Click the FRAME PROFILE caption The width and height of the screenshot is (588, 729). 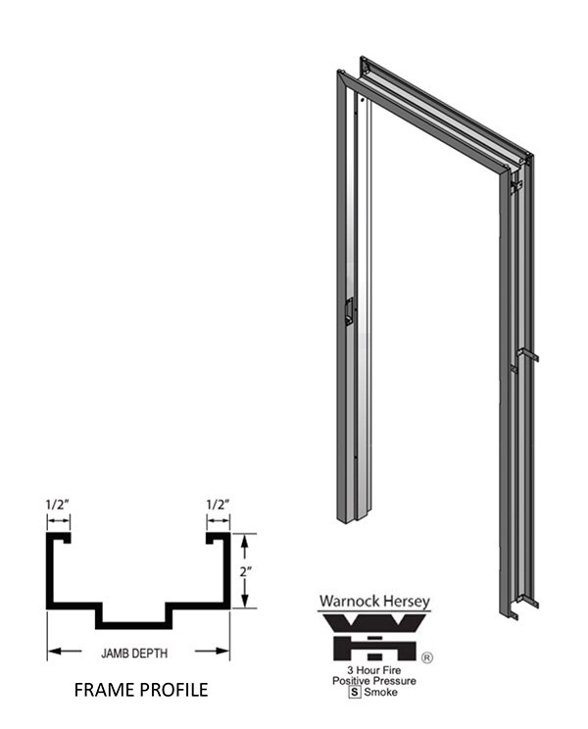[141, 690]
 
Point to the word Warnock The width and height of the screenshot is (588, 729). [349, 602]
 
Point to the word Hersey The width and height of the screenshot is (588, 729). [403, 602]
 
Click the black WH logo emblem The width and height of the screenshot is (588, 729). [376, 637]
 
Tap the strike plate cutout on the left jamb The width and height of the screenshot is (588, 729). [347, 311]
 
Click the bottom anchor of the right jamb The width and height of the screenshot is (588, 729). [517, 609]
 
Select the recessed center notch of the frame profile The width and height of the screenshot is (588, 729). [138, 620]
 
